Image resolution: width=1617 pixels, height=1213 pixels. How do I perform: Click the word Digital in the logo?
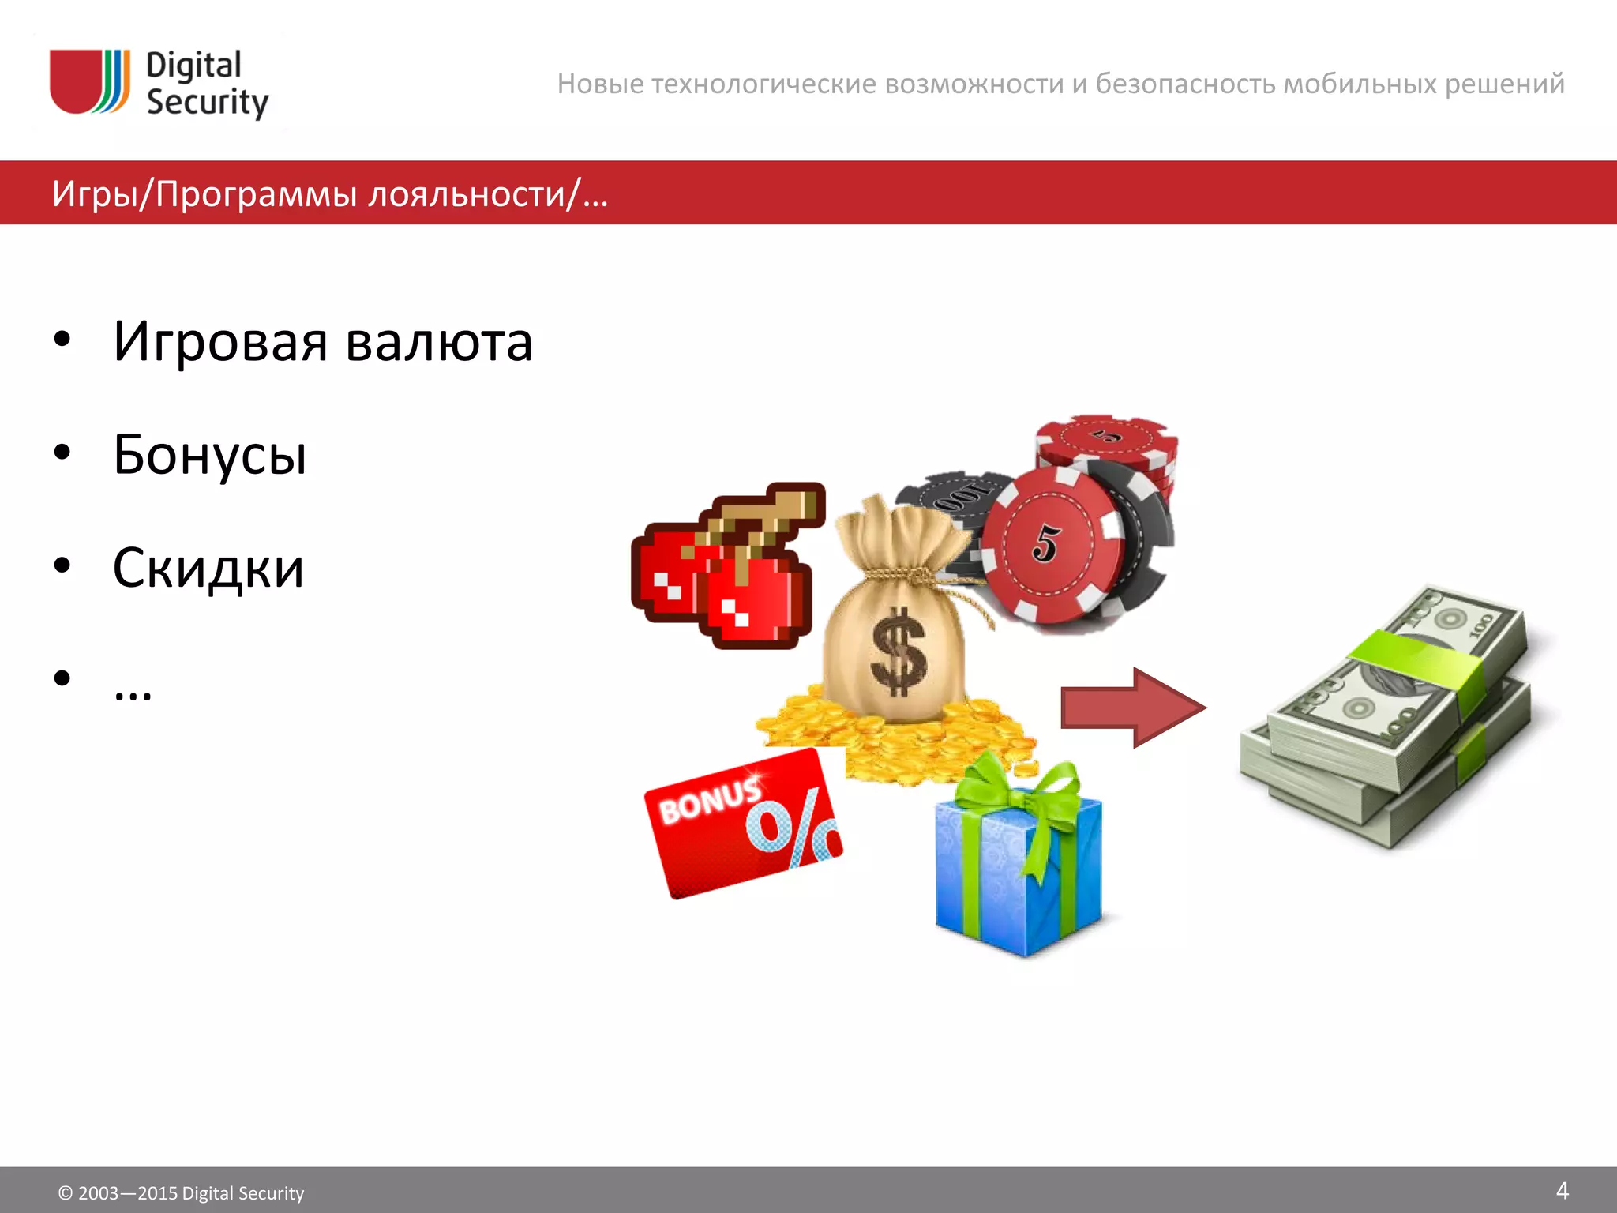tap(193, 66)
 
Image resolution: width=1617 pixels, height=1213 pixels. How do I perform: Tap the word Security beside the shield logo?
tap(207, 103)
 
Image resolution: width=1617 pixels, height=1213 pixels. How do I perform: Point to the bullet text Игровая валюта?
tap(322, 342)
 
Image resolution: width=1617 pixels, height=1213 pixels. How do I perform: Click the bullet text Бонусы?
tap(209, 455)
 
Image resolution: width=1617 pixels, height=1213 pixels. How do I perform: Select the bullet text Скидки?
tap(208, 568)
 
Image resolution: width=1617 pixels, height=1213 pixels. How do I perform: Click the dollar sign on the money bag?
tap(898, 652)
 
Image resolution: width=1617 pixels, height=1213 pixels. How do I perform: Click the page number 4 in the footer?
tap(1561, 1190)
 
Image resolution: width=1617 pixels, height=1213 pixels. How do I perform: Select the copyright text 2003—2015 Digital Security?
tap(182, 1193)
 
